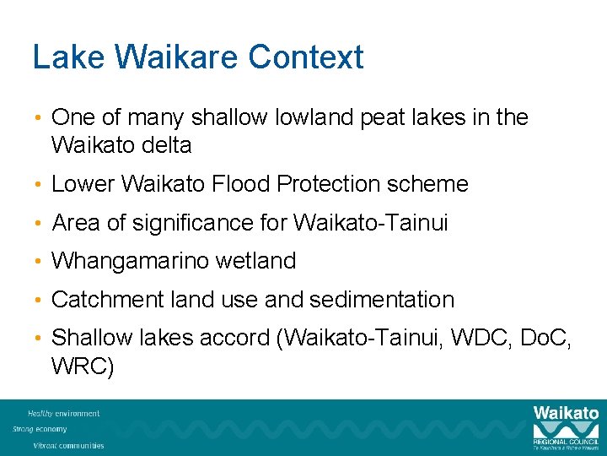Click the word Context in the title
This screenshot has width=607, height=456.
[x=307, y=57]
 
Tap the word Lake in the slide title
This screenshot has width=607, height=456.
[x=67, y=57]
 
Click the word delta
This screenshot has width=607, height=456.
[x=169, y=145]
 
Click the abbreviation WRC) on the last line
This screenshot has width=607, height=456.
[x=83, y=366]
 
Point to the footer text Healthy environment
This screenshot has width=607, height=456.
[x=63, y=414]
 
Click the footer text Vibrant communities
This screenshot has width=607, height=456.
[x=68, y=445]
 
